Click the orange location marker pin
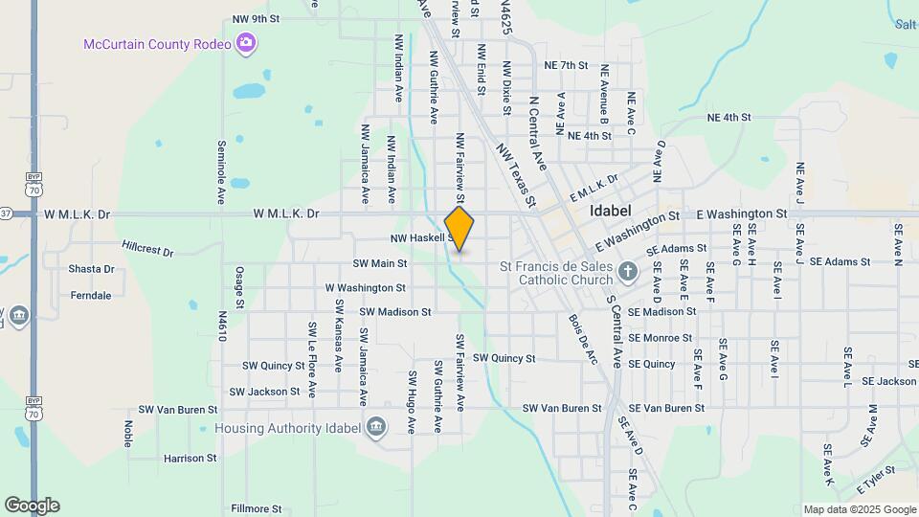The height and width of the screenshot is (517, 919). point(459,228)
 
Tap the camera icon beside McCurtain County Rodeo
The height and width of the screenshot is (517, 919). point(246,43)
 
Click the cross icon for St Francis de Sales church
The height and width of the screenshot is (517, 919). point(627,272)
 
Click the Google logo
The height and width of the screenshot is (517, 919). point(32,506)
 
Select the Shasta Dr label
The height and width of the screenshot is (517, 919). point(91,269)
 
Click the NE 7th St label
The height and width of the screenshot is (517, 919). point(565,65)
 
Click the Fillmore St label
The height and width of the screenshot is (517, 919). point(254,508)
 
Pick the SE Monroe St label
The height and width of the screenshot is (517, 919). point(661,338)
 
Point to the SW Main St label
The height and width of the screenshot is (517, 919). point(380,263)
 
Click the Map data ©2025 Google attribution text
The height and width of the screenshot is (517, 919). point(860,509)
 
